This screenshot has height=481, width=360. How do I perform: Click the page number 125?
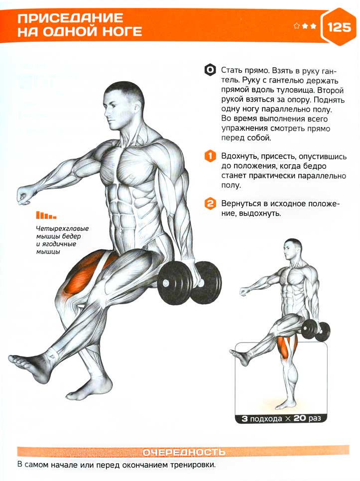tap(339, 27)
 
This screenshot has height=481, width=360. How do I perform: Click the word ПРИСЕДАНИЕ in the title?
tap(70, 18)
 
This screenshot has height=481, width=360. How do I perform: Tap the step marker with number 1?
tap(210, 156)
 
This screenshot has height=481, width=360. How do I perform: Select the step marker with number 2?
tap(210, 204)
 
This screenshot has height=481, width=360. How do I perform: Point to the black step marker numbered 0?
tap(210, 70)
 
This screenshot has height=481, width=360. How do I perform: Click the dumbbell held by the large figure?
tap(190, 282)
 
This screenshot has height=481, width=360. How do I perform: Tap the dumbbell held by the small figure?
tap(316, 331)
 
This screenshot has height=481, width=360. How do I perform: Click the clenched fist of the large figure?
tap(24, 195)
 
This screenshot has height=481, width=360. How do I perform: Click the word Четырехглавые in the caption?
tap(62, 229)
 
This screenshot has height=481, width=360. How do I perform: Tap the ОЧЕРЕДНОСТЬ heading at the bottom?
tap(184, 452)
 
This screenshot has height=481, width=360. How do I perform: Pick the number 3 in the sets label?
tap(244, 418)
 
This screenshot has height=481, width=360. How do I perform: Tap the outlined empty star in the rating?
tap(297, 26)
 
